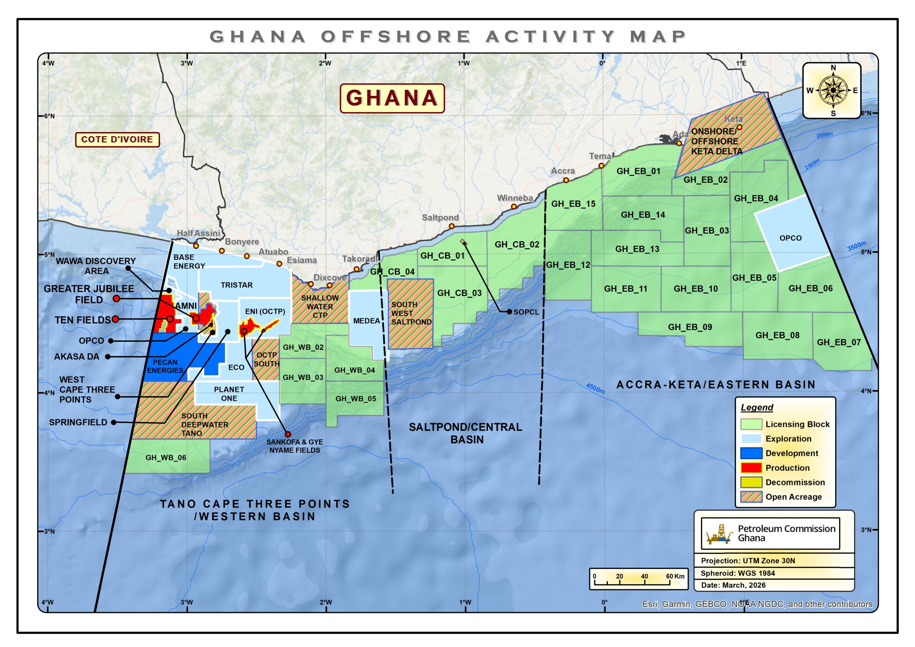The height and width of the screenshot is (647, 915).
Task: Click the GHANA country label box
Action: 392,98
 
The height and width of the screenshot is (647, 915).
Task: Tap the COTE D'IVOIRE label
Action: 117,139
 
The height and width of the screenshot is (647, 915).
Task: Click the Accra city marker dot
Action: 566,180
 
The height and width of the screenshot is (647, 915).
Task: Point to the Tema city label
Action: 600,156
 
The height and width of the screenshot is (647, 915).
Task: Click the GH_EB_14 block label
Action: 643,215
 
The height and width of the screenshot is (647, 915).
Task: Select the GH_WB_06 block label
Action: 166,457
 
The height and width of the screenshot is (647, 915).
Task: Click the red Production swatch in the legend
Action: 751,468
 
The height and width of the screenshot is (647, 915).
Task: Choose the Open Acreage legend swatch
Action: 751,497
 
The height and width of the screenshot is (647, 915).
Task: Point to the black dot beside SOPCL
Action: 509,312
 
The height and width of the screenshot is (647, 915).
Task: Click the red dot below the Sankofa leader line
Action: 288,434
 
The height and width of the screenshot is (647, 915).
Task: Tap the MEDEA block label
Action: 366,321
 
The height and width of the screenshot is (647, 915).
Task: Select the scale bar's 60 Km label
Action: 675,576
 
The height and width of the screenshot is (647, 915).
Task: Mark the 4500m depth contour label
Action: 595,388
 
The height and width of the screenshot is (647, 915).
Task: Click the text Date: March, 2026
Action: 733,585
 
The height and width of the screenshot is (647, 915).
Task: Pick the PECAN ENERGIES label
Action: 165,366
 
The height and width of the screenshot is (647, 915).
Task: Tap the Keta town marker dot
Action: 739,127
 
